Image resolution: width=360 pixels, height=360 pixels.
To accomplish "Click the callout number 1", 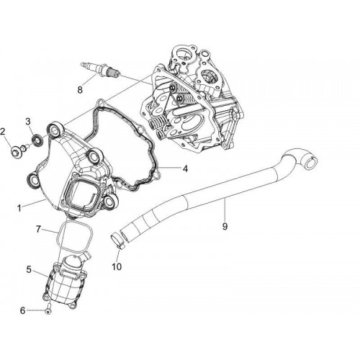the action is point(19,208).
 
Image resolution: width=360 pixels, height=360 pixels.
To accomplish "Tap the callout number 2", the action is point(3,132).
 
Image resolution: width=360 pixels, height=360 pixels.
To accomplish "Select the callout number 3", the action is point(28,121).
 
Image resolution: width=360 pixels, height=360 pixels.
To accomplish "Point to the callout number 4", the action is point(185,169).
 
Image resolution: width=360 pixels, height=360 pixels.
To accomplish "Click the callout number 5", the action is point(29,269).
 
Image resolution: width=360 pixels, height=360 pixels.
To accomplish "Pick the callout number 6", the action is point(22,311).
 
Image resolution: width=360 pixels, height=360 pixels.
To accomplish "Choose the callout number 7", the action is point(39,229).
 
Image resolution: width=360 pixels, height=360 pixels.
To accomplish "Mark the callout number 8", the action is point(80,90).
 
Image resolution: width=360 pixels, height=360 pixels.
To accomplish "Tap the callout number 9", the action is point(225,226).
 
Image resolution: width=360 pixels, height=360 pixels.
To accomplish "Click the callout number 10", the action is point(117,266).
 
